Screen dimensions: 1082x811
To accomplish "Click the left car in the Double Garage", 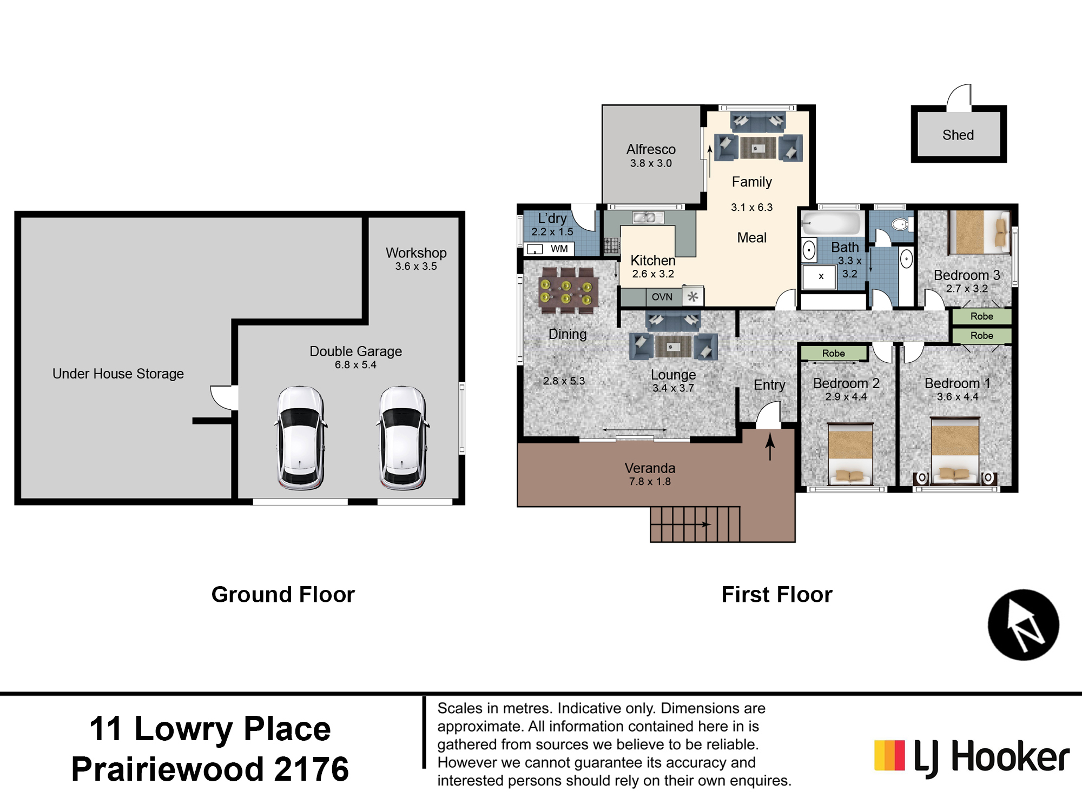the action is [x=301, y=438].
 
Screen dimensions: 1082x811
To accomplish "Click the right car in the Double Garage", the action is [x=403, y=438].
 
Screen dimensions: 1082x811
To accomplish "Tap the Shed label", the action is [x=958, y=135].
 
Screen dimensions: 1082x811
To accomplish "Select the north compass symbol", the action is [x=1023, y=625].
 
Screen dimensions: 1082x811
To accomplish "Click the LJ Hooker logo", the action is [x=972, y=757].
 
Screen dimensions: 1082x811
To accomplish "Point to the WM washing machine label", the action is [x=559, y=249].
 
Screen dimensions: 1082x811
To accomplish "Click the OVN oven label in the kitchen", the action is [x=662, y=297].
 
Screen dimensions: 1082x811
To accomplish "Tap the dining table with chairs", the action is [x=568, y=291].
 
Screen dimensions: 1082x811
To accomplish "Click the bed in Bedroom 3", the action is [x=979, y=232].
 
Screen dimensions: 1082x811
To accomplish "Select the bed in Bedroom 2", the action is [x=850, y=453].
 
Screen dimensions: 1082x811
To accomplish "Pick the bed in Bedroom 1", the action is [x=955, y=450].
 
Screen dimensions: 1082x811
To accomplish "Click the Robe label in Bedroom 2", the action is [x=833, y=353].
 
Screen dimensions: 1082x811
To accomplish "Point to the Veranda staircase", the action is [x=695, y=524].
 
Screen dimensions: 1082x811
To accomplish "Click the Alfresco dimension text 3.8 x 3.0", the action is [x=651, y=163].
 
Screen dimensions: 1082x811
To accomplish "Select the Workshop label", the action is [x=416, y=252].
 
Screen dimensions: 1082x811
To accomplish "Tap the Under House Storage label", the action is [x=118, y=374].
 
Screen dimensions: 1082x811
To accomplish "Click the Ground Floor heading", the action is [x=283, y=595].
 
